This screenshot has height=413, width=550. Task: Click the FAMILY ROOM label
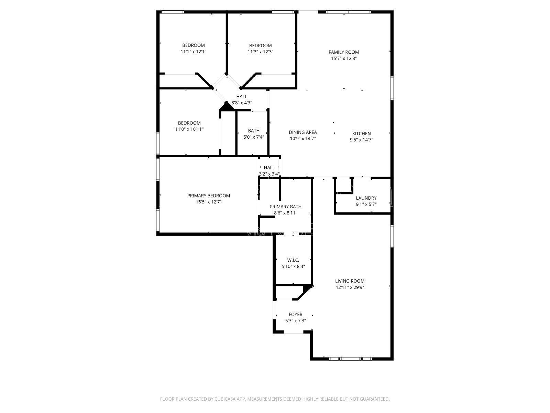[x=344, y=52]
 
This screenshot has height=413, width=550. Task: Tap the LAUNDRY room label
[x=366, y=198]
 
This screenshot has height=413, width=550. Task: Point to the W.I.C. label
[x=293, y=260]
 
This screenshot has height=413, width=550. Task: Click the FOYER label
[x=295, y=315]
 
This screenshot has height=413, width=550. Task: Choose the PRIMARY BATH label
[x=285, y=206]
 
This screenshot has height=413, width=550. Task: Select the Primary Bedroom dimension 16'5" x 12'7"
[x=209, y=202]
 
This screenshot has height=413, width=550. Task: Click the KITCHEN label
[x=361, y=134]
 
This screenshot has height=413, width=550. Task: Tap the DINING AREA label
[x=302, y=132]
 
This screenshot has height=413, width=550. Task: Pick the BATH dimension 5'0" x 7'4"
[x=254, y=137]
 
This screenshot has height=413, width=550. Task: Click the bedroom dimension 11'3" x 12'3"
[x=260, y=52]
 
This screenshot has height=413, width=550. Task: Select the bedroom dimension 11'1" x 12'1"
[x=193, y=52]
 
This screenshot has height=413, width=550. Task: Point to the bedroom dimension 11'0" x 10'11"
[x=189, y=129]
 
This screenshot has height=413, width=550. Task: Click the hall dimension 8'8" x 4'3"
[x=242, y=103]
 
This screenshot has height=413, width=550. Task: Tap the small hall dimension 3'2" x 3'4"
[x=269, y=174]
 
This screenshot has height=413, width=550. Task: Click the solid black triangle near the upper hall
[x=227, y=107]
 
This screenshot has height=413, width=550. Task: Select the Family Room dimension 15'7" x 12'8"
[x=344, y=59]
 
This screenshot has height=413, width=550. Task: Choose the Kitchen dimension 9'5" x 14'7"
[x=361, y=140]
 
